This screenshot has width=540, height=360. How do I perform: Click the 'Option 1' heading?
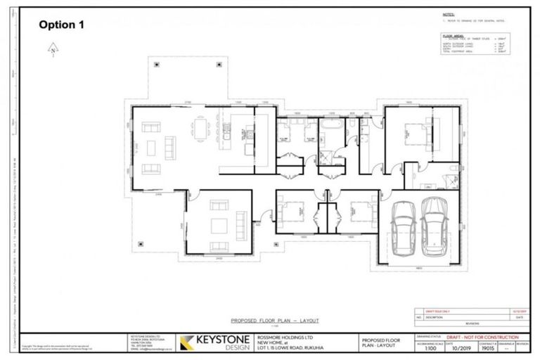click(x=61, y=25)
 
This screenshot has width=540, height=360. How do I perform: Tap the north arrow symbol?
click(x=53, y=50)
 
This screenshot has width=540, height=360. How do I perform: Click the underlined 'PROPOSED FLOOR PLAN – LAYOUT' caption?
click(x=259, y=319)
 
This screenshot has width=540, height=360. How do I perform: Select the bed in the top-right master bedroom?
click(x=411, y=131)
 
